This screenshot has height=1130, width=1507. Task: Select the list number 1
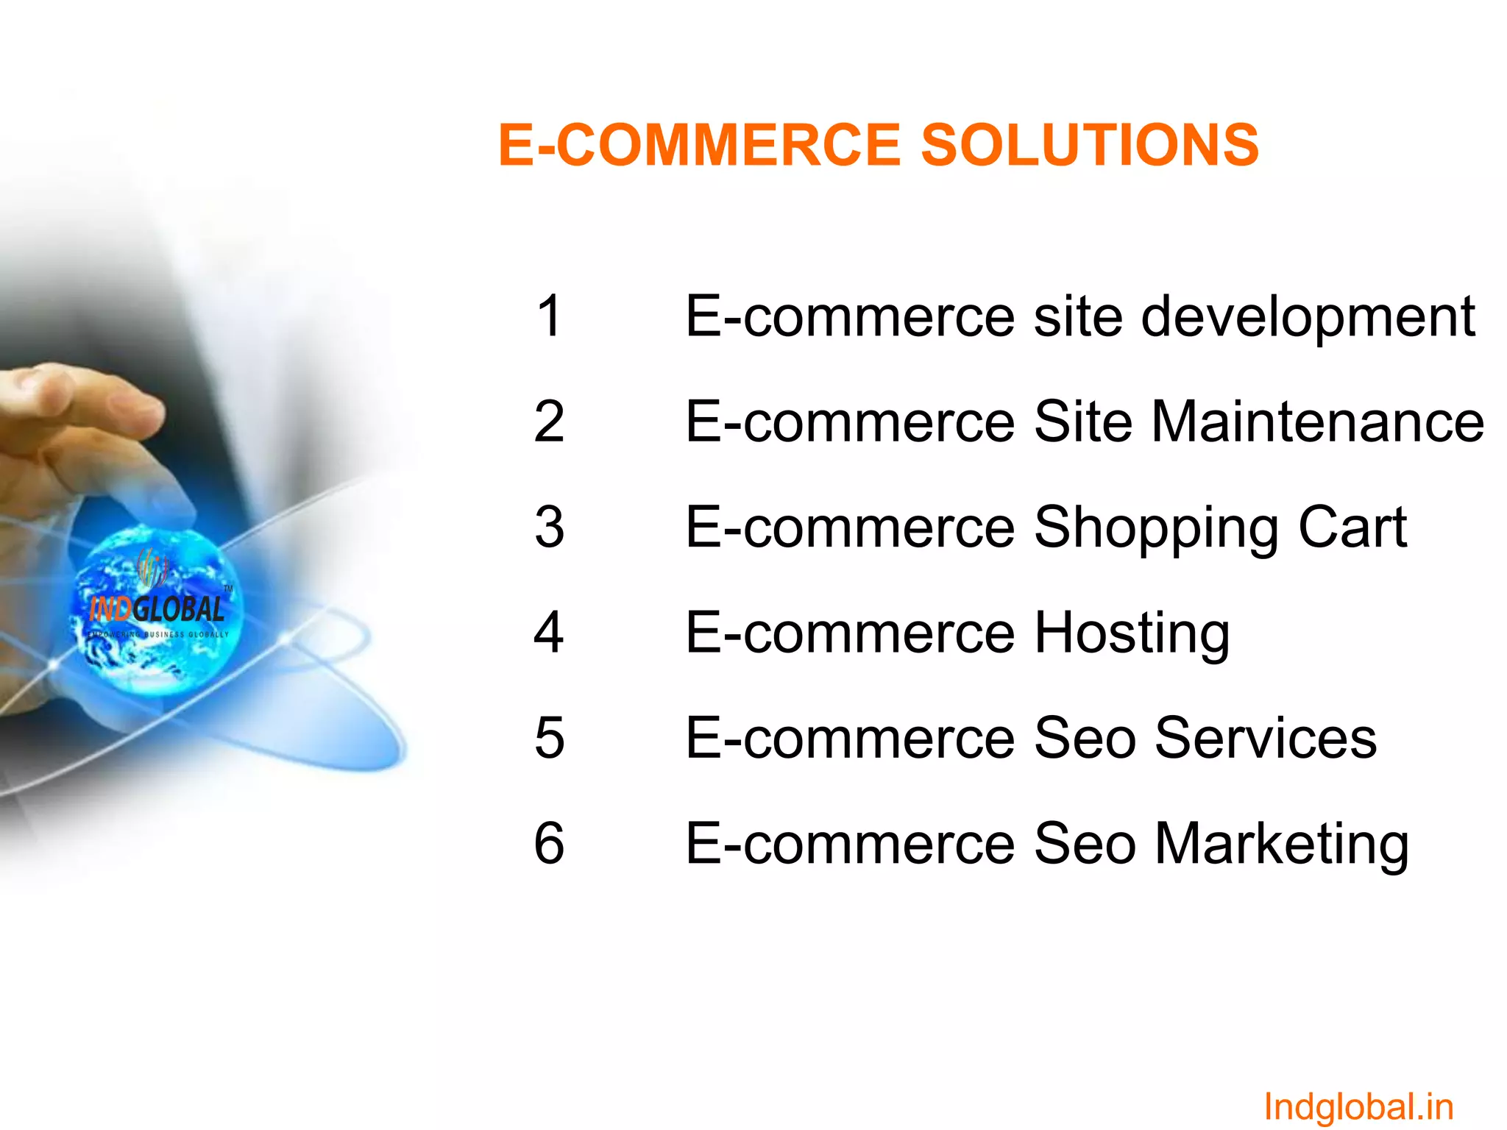click(549, 316)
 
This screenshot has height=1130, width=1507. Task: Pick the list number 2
click(549, 422)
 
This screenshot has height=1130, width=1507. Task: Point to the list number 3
click(549, 527)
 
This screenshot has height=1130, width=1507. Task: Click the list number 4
click(549, 632)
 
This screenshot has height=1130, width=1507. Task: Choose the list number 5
click(549, 737)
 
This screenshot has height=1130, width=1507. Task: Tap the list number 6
click(549, 843)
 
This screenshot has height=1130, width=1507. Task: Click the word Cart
click(1352, 527)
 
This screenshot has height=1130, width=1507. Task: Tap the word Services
click(1266, 737)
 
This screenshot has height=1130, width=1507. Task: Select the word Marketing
click(1282, 845)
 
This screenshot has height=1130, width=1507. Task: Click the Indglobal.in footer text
click(1358, 1106)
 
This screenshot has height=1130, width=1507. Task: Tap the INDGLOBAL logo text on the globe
click(157, 609)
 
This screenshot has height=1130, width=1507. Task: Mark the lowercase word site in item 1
click(1078, 316)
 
